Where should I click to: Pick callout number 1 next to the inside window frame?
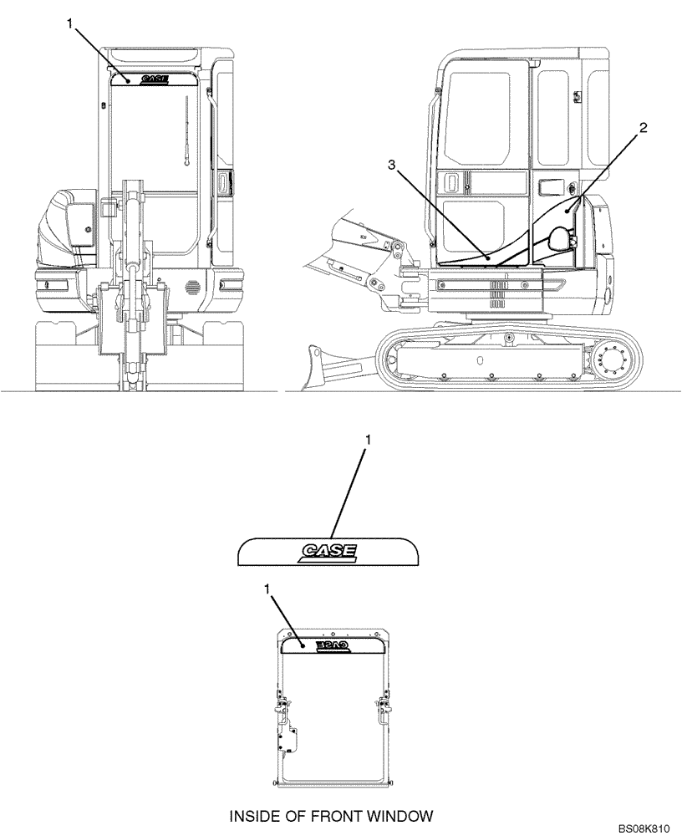pyautogui.click(x=268, y=589)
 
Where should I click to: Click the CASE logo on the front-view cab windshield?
pyautogui.click(x=155, y=79)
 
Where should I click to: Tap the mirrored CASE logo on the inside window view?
pyautogui.click(x=332, y=645)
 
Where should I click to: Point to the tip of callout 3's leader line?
pyautogui.click(x=487, y=258)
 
